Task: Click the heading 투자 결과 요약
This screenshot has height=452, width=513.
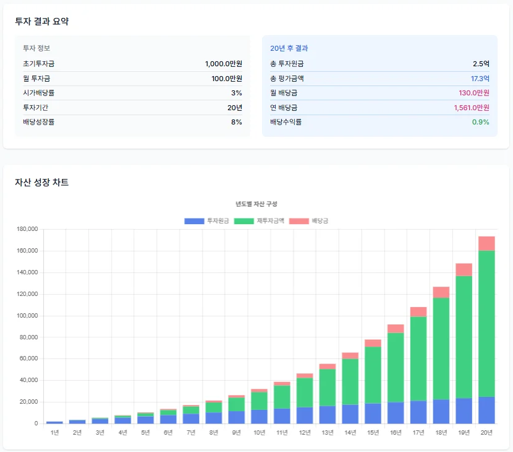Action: click(42, 22)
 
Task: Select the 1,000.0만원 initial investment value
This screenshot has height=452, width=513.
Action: click(223, 64)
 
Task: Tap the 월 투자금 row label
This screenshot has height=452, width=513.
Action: click(36, 79)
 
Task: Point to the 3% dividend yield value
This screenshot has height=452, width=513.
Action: click(236, 93)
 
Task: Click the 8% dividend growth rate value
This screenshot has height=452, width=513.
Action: click(236, 122)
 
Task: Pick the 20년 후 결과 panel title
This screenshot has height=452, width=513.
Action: click(289, 48)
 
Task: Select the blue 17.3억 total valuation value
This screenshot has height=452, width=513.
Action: click(480, 79)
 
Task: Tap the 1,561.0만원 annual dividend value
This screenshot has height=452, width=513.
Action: click(472, 108)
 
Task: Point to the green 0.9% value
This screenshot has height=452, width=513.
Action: click(480, 122)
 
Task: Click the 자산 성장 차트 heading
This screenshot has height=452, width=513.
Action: click(42, 183)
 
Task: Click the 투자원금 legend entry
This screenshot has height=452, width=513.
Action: click(207, 221)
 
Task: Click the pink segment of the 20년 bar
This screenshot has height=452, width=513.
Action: click(486, 243)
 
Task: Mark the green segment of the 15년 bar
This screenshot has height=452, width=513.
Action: click(373, 375)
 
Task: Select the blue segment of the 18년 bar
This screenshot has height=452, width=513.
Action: click(441, 411)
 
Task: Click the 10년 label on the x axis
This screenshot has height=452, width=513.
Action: click(259, 432)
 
